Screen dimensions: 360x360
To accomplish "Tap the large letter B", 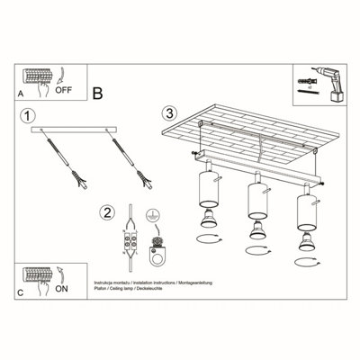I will (x=98, y=91).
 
